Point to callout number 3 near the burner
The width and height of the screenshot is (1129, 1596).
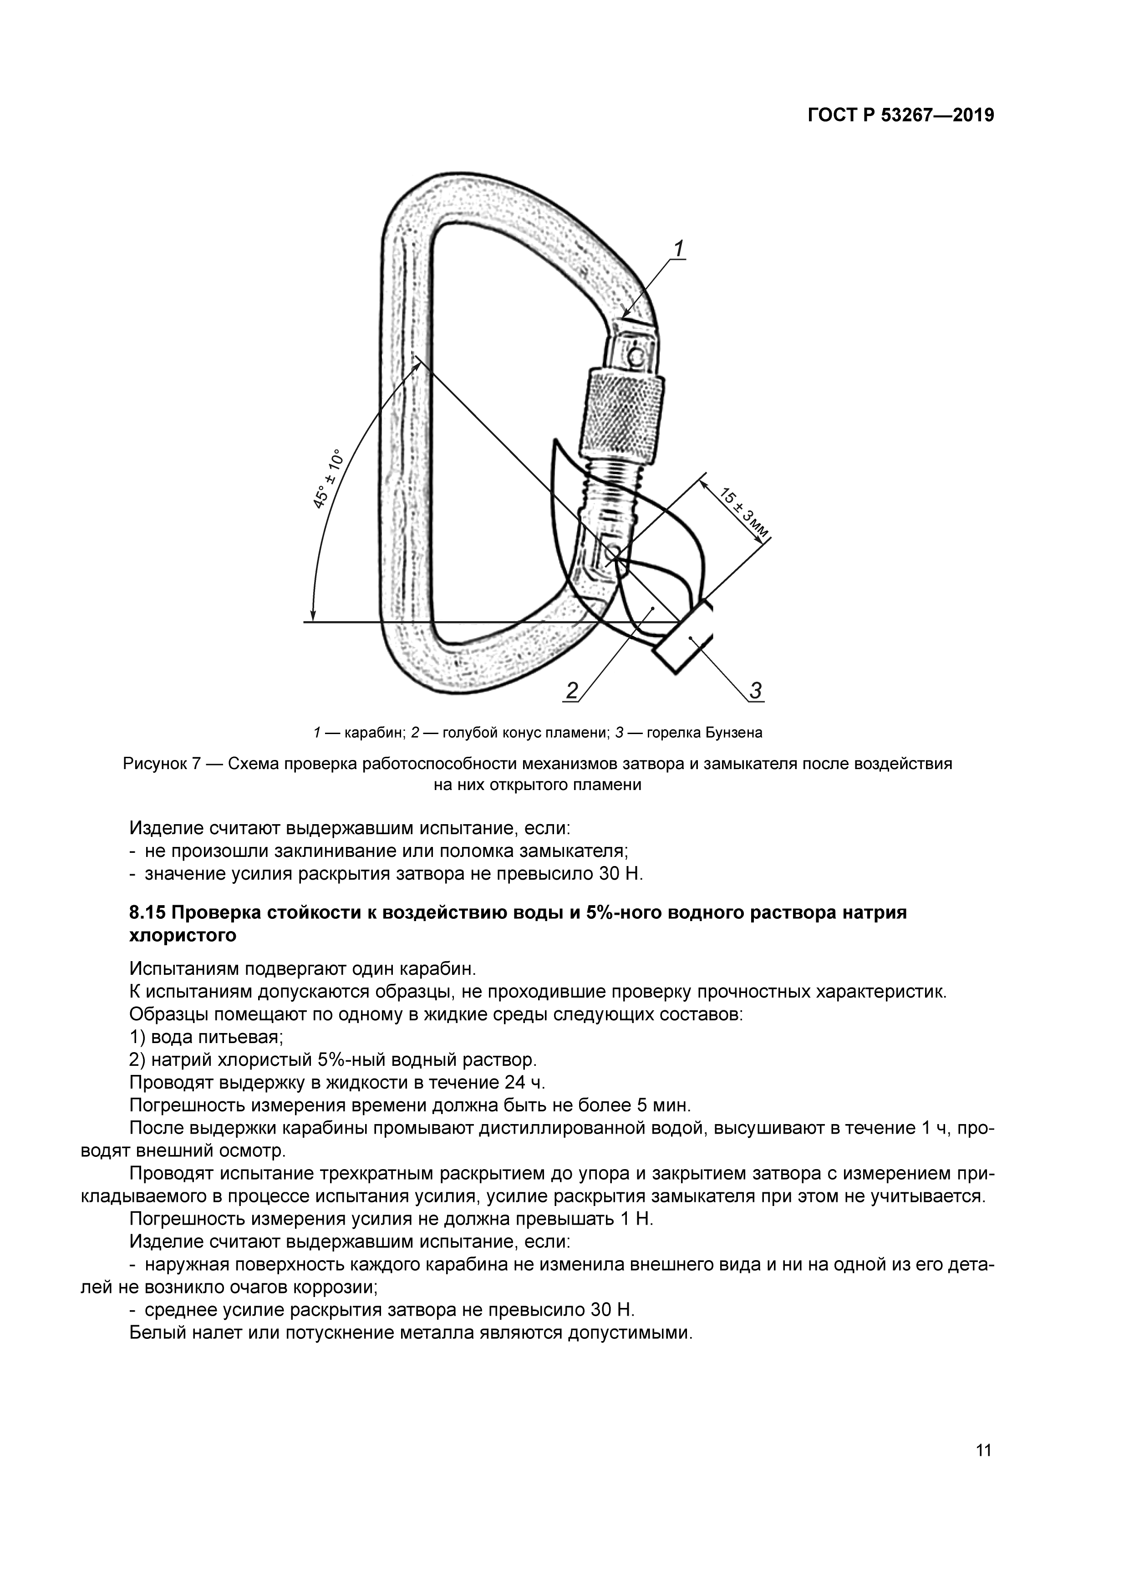755,690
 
